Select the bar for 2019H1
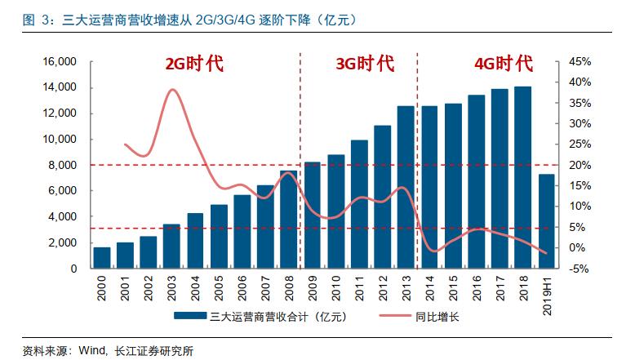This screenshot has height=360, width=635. (547, 221)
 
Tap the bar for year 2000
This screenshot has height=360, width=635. (102, 257)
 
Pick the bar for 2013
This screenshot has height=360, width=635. (406, 187)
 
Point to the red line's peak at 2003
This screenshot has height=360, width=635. (172, 89)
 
